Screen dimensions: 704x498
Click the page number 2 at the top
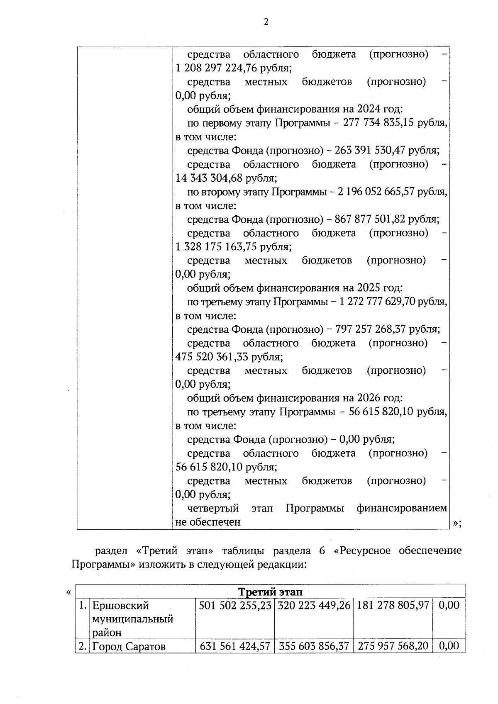point(266,22)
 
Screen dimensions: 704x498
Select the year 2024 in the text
point(369,110)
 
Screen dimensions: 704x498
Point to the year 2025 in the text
point(369,288)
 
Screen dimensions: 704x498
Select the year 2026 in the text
point(369,398)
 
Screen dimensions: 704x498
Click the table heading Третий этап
point(270,591)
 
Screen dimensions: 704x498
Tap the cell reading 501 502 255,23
point(235,605)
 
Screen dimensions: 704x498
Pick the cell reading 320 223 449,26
point(314,605)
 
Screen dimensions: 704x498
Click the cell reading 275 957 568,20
point(393,646)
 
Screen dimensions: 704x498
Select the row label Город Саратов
point(129,646)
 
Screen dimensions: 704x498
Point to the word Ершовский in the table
point(120,605)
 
